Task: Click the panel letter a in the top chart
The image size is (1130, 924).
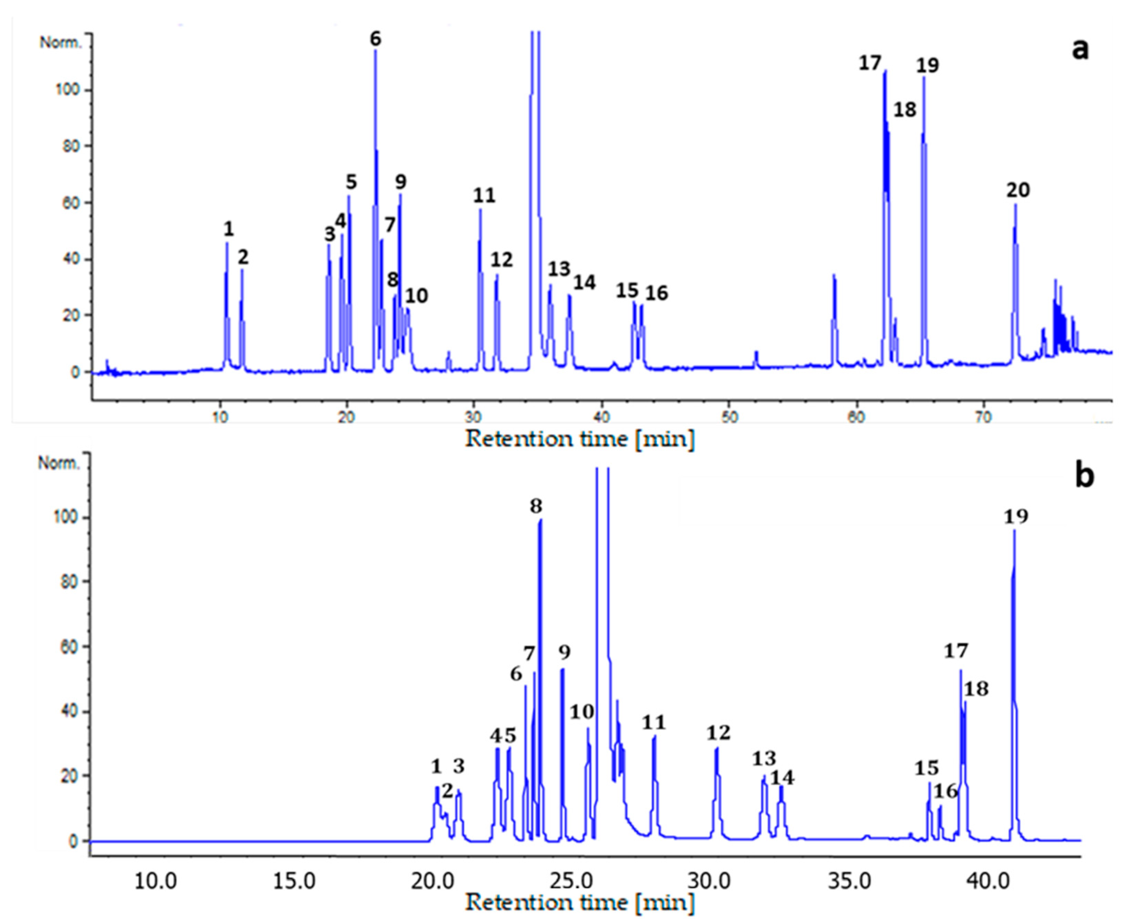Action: pyautogui.click(x=1080, y=51)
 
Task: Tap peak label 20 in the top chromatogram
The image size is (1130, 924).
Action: pyautogui.click(x=1018, y=190)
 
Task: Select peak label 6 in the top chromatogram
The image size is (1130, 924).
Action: pyautogui.click(x=376, y=39)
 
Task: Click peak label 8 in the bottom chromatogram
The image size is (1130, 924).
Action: pyautogui.click(x=536, y=506)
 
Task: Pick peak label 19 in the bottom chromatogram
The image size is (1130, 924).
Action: pyautogui.click(x=1016, y=516)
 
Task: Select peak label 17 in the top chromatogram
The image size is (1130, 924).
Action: pyautogui.click(x=870, y=63)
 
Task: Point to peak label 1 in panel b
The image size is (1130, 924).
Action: pyautogui.click(x=436, y=767)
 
